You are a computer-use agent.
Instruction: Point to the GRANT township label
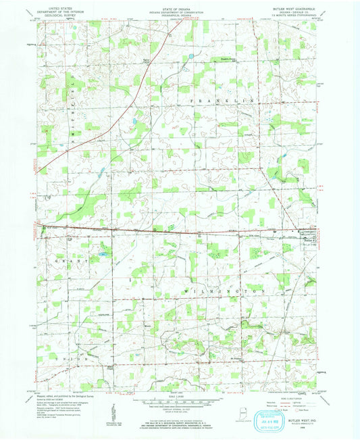click(x=68, y=260)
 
